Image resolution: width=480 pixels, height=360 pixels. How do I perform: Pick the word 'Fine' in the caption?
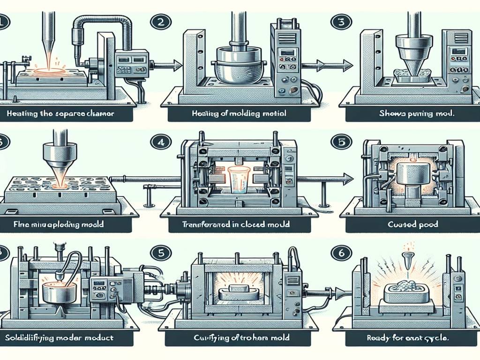pos(11,225)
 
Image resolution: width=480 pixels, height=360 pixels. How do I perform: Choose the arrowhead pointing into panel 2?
pos(177,65)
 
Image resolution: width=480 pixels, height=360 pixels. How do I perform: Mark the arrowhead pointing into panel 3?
pos(347,65)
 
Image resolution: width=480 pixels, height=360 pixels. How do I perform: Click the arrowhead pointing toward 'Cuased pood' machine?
pos(347,177)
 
